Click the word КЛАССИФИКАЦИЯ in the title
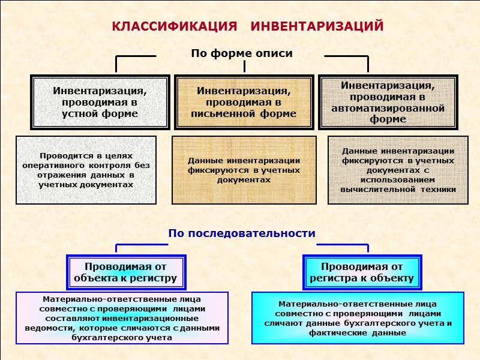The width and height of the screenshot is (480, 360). point(174,28)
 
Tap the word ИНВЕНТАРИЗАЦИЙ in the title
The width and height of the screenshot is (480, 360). point(316,28)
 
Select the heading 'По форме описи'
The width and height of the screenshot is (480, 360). point(242,53)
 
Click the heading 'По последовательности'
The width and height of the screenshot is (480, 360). point(241,233)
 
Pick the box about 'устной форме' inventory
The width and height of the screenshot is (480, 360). point(100,102)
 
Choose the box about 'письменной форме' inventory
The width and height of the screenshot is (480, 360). point(244,102)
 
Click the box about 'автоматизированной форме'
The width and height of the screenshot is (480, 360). point(388,102)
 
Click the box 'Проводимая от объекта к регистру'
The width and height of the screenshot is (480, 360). point(125,272)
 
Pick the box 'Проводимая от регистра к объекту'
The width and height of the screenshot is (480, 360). point(362,272)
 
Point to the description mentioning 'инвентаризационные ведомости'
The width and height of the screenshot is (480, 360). point(122,318)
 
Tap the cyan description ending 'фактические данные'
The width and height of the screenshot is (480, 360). point(358,318)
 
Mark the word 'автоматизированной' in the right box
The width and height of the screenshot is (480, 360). point(388,109)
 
